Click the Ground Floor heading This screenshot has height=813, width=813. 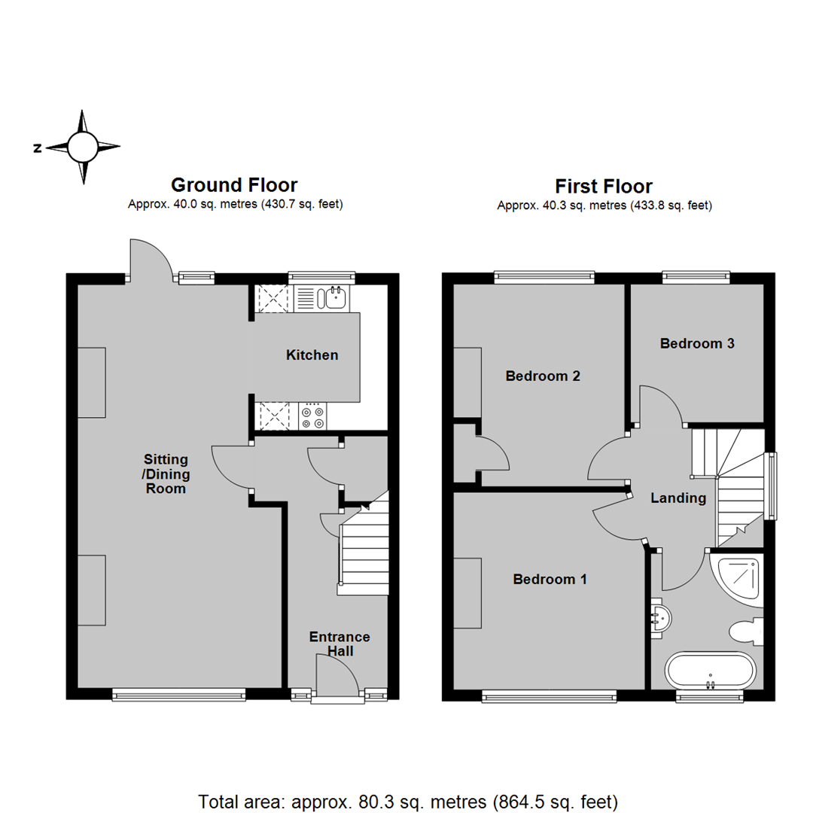coord(234,185)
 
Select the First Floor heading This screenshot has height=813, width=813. coord(604,186)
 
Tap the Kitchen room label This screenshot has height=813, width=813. coord(312,355)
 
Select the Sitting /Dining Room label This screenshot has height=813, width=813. coord(167,473)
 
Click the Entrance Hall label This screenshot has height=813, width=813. coord(340,644)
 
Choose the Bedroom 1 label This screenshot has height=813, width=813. coord(550,579)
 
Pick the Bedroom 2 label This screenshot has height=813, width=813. coord(542,376)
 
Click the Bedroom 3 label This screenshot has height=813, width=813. coord(697,343)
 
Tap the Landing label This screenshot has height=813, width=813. coord(678,498)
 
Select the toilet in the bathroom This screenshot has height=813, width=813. coord(746,631)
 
